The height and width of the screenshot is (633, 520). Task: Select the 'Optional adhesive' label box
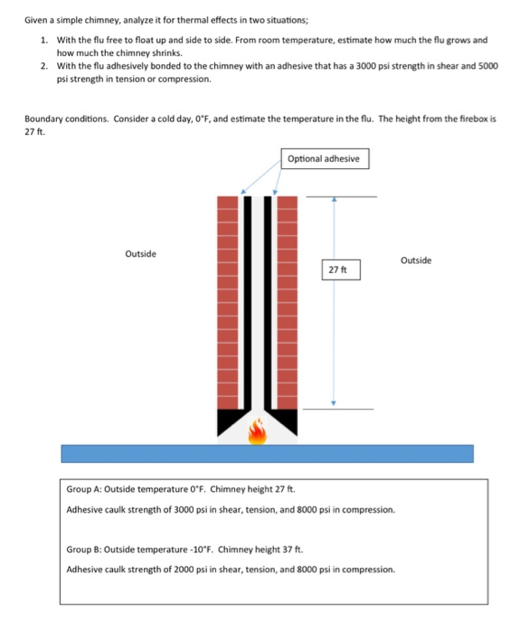pyautogui.click(x=325, y=159)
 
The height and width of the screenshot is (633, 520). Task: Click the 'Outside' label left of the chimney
pyautogui.click(x=140, y=254)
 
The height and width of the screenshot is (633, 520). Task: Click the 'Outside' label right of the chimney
pyautogui.click(x=415, y=260)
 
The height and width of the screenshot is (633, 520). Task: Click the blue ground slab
pyautogui.click(x=267, y=453)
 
